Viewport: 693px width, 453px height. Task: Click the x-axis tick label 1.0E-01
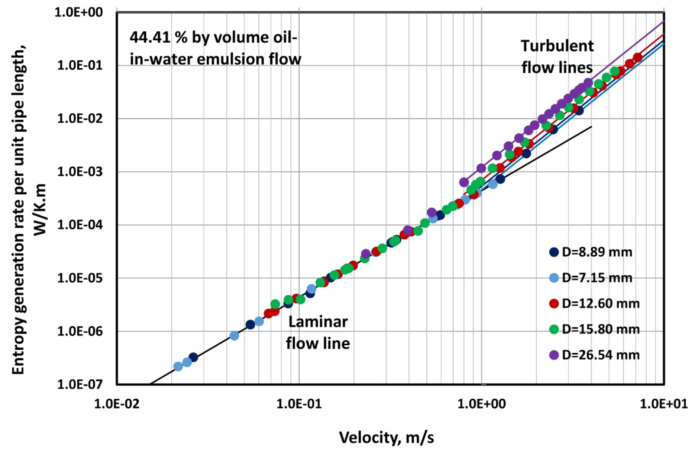click(x=299, y=404)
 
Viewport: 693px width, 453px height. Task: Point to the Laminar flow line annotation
click(x=318, y=333)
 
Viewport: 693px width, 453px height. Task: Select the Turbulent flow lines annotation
click(x=557, y=57)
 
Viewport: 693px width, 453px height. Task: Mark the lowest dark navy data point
click(x=193, y=357)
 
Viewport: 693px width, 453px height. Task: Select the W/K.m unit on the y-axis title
click(x=41, y=209)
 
